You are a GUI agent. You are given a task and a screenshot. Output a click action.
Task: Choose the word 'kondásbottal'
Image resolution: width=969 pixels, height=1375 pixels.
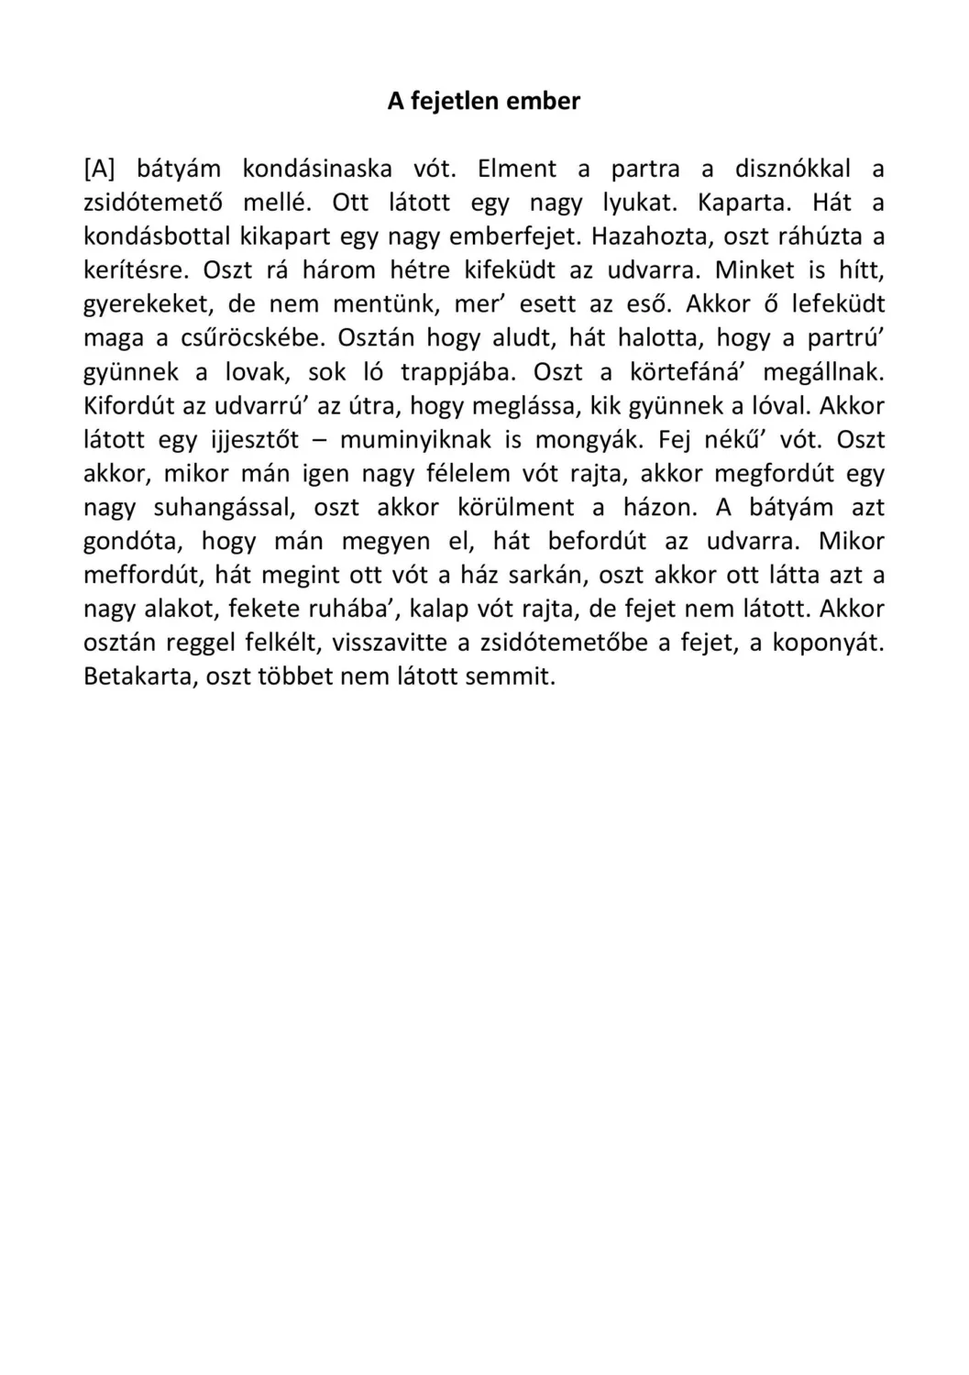tap(157, 236)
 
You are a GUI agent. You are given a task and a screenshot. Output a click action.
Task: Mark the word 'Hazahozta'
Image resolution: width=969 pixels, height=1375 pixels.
tap(653, 236)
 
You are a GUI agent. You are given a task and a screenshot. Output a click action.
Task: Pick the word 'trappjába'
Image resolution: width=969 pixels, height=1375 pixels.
tap(458, 372)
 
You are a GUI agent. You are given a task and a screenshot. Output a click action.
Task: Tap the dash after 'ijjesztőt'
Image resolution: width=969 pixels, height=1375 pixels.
tap(320, 440)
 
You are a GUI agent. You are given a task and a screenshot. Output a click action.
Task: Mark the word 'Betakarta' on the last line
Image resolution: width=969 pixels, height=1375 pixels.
tap(138, 677)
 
